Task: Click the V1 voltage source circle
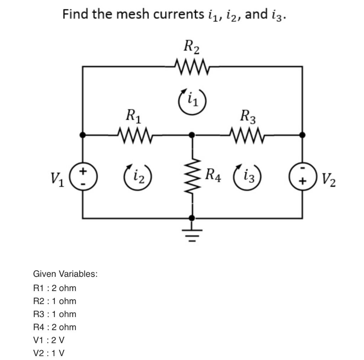point(83,176)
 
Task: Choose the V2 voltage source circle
point(303,176)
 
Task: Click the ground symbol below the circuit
point(192,233)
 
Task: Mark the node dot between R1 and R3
point(192,135)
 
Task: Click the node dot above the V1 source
point(83,135)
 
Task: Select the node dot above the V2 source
point(303,135)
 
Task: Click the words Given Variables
point(65,274)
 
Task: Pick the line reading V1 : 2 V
point(49,340)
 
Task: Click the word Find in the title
point(75,14)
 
